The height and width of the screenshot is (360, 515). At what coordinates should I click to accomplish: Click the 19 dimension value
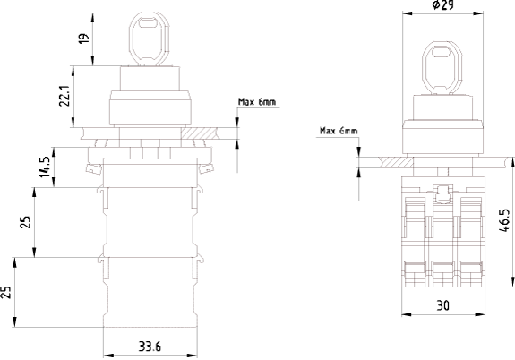(x=84, y=38)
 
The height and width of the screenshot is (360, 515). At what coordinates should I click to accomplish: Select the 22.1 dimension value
(x=64, y=96)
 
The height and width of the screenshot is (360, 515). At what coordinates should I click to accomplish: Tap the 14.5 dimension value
(x=45, y=167)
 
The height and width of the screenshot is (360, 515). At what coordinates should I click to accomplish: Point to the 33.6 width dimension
(x=150, y=347)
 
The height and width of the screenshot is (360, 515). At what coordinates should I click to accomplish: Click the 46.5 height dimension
(x=504, y=220)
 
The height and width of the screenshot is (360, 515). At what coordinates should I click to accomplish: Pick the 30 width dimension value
(x=442, y=305)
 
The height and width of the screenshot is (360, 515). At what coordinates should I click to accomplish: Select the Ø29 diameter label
(x=443, y=5)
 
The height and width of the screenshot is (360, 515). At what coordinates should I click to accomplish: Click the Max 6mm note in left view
(x=257, y=102)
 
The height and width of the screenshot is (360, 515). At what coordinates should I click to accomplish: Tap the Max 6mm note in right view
(x=339, y=131)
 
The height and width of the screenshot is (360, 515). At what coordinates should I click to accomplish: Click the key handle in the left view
(x=149, y=39)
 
